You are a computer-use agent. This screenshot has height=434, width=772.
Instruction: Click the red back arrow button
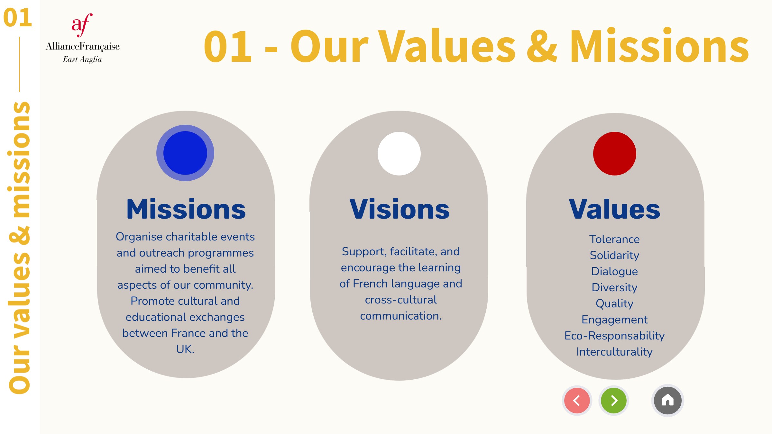[577, 401]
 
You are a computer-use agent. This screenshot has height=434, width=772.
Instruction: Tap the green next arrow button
[614, 401]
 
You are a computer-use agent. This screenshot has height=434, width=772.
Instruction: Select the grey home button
[668, 401]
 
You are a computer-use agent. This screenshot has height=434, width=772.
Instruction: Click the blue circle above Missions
[185, 153]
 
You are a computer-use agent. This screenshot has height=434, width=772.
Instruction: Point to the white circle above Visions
[399, 154]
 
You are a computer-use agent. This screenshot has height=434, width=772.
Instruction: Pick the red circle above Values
[615, 154]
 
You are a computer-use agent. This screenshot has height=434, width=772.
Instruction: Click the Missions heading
[186, 209]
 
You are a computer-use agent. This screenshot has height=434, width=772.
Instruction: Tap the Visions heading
[400, 209]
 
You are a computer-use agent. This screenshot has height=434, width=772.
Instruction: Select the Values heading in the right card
[615, 209]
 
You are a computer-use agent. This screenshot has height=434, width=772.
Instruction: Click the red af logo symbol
[82, 25]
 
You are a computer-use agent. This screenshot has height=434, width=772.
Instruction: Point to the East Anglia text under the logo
[82, 59]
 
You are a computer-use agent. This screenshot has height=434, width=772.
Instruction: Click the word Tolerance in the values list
[614, 239]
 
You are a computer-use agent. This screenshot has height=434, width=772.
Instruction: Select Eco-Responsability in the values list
[614, 336]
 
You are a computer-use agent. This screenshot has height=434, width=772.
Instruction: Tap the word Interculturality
[614, 352]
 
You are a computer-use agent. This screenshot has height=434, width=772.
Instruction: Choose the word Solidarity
[614, 255]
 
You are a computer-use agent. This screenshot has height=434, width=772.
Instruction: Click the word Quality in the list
[614, 303]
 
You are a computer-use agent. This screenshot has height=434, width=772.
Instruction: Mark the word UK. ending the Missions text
[185, 349]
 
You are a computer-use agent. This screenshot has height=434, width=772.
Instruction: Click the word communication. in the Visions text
[401, 316]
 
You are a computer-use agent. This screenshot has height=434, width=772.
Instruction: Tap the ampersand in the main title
[542, 46]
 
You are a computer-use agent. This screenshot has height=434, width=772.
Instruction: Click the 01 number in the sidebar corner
[18, 18]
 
